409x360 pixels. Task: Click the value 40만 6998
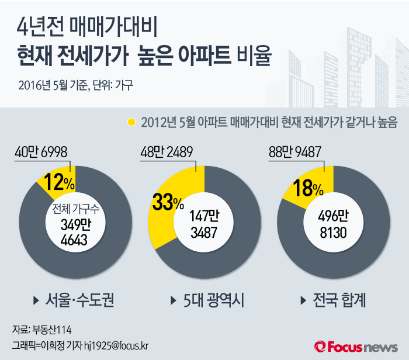click(43, 152)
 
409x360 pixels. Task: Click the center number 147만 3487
click(204, 225)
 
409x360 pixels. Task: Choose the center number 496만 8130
click(333, 225)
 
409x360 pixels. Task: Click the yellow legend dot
click(131, 122)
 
